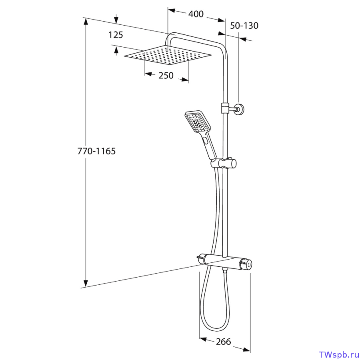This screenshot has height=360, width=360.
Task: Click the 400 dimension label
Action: (196, 14)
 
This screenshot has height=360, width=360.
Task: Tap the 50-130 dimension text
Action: (244, 26)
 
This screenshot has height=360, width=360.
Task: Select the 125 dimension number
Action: (116, 35)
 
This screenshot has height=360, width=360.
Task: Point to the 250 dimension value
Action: (166, 75)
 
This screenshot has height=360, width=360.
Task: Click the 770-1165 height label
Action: (96, 151)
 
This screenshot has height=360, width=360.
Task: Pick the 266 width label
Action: (223, 342)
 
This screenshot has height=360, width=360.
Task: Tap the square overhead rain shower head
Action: (168, 55)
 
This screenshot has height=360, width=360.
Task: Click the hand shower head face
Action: (198, 122)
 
